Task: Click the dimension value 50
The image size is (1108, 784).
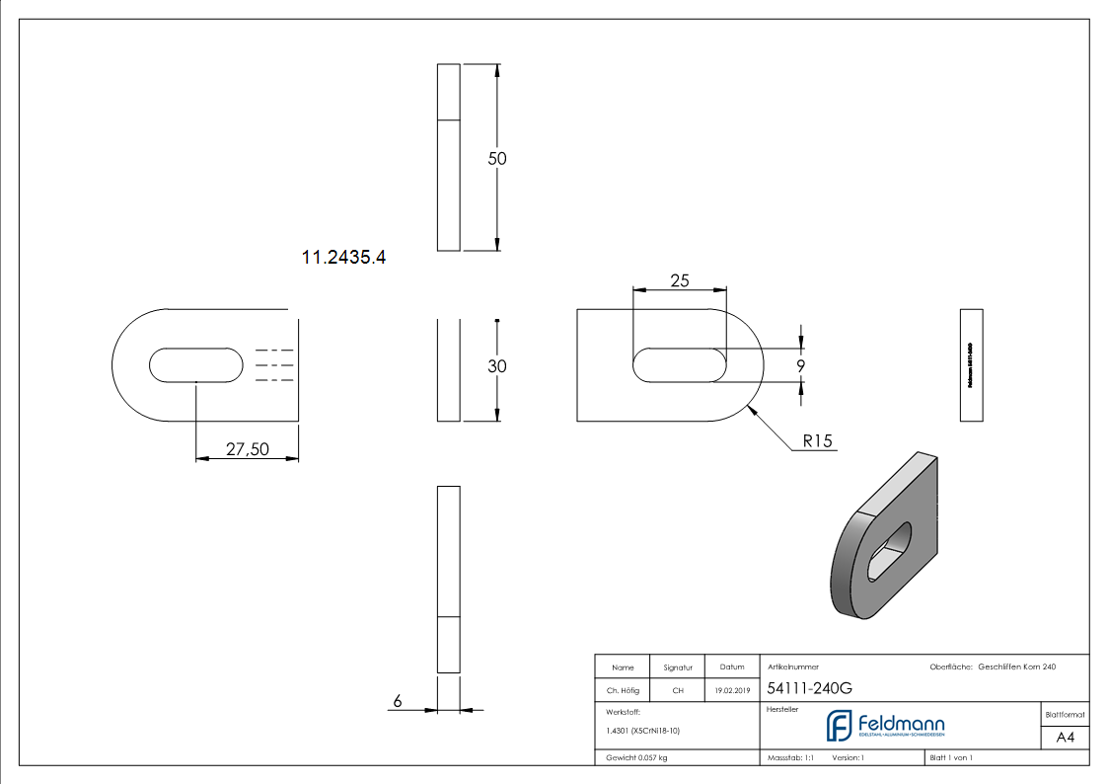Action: pos(498,158)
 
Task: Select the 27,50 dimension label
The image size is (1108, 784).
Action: pos(247,449)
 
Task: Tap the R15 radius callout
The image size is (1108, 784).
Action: pos(818,441)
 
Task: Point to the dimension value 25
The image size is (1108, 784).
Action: pos(680,280)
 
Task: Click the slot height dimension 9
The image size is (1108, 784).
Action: pos(800,365)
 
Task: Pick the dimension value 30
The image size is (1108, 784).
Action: pos(497,366)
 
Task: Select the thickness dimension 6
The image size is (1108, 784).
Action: pos(398,701)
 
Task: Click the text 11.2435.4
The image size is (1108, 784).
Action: pos(343,258)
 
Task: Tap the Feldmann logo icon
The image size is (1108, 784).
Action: pos(839,726)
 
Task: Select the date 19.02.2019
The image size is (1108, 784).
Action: pos(731,691)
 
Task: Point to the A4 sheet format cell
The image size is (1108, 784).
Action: pos(1066,738)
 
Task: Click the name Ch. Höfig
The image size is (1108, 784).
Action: pos(622,691)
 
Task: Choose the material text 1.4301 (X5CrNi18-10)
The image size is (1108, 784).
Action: pos(643,731)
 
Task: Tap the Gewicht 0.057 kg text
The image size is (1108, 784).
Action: pos(637,758)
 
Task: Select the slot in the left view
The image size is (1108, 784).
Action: pos(195,364)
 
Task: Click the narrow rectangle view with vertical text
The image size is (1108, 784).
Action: pos(971,364)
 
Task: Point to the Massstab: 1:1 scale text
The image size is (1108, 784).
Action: pos(790,758)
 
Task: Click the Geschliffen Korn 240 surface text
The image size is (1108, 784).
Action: pos(1016,667)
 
